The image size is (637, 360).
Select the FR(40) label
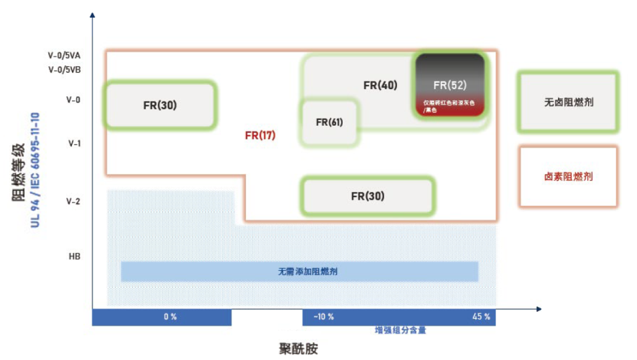click(x=380, y=85)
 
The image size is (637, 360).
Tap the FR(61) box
click(x=329, y=122)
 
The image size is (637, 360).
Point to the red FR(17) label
click(x=260, y=135)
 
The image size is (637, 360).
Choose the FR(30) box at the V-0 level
click(x=160, y=106)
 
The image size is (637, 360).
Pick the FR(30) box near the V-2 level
click(x=367, y=196)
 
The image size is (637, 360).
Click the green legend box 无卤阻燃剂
click(x=568, y=102)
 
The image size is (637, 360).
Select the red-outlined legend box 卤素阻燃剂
click(x=568, y=176)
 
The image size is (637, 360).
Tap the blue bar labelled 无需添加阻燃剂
click(x=300, y=271)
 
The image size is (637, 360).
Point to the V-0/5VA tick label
click(x=64, y=55)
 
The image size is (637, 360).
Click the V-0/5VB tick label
click(x=64, y=69)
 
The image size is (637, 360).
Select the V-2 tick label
click(x=73, y=201)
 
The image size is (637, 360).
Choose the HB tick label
click(x=74, y=257)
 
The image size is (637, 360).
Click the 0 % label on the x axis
click(x=170, y=317)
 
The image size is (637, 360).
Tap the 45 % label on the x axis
click(x=481, y=317)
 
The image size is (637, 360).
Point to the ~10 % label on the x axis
click(x=323, y=317)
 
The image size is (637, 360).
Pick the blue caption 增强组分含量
click(x=400, y=330)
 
